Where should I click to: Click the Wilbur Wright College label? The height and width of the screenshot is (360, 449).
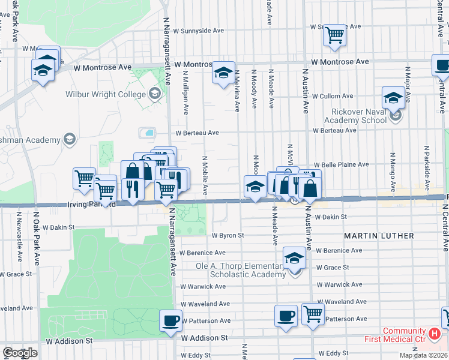(105, 94)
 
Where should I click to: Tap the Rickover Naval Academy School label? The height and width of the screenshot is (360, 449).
(359, 115)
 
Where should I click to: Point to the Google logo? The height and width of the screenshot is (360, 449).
(19, 353)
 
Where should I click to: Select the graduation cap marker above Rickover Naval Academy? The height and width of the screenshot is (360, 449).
(393, 97)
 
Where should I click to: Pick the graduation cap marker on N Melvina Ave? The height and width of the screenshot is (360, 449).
(223, 73)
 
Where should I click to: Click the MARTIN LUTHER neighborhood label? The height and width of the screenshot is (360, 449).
(379, 236)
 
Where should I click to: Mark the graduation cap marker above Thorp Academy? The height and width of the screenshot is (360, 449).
(294, 257)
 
